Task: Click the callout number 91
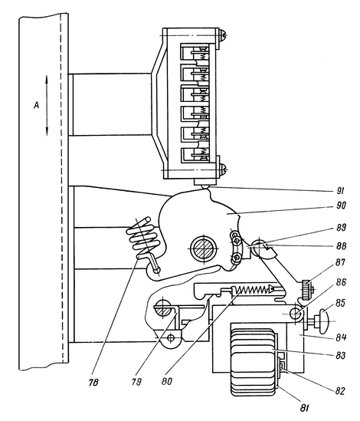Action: (x=340, y=191)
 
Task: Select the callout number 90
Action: (x=340, y=206)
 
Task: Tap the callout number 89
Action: (x=341, y=228)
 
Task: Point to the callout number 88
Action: (x=341, y=246)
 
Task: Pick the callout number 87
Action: (x=341, y=262)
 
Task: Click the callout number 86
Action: (x=340, y=282)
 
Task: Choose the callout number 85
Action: (x=341, y=303)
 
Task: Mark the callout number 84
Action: (x=341, y=337)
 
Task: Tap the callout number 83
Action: (x=341, y=355)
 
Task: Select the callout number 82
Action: (x=340, y=391)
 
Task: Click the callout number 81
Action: (x=304, y=408)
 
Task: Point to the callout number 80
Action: (x=167, y=381)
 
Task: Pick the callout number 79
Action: (x=136, y=382)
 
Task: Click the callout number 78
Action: (x=93, y=382)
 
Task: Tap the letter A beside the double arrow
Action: (x=36, y=106)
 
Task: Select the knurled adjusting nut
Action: (x=306, y=289)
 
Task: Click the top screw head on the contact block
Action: (x=223, y=35)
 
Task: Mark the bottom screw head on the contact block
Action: (x=223, y=170)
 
